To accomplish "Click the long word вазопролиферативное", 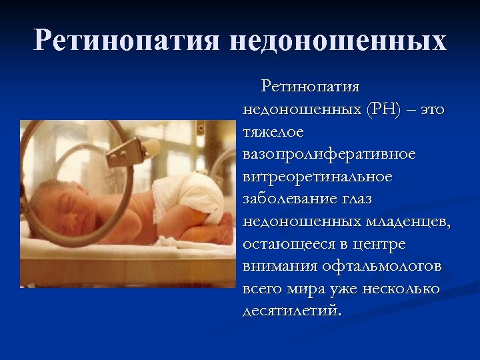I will click(329, 155).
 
